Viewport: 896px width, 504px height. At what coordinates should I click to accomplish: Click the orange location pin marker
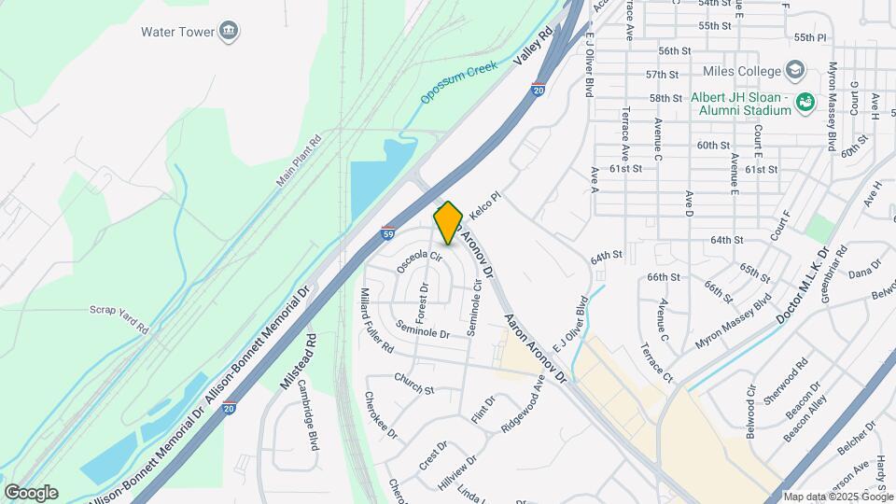448,223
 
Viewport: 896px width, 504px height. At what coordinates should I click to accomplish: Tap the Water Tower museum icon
229,32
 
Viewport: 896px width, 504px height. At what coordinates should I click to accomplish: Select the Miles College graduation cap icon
793,70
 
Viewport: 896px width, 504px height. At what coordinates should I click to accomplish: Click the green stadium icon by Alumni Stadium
807,100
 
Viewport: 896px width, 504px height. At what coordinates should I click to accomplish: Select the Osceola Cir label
418,260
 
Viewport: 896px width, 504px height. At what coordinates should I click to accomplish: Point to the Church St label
413,384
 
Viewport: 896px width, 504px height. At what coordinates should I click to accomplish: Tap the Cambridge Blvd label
309,431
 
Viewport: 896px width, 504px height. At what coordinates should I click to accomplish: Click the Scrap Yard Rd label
119,316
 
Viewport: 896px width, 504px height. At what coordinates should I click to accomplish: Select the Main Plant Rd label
299,161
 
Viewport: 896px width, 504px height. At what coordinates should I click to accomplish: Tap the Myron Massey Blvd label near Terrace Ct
734,323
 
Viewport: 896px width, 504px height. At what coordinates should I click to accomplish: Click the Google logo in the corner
31,492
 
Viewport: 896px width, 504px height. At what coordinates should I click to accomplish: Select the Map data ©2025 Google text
837,497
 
